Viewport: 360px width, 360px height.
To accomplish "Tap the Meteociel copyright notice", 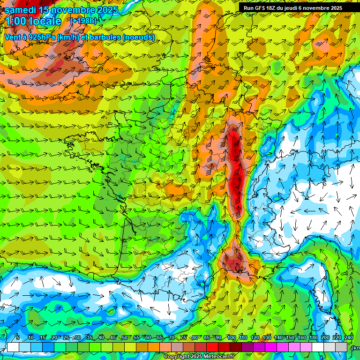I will (199, 357).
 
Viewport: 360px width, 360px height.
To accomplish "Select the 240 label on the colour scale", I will (349, 338).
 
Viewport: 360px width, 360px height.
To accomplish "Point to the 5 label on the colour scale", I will (18, 338).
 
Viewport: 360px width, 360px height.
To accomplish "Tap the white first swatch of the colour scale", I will (13, 347).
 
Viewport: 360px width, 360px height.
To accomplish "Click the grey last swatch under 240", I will (341, 347).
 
